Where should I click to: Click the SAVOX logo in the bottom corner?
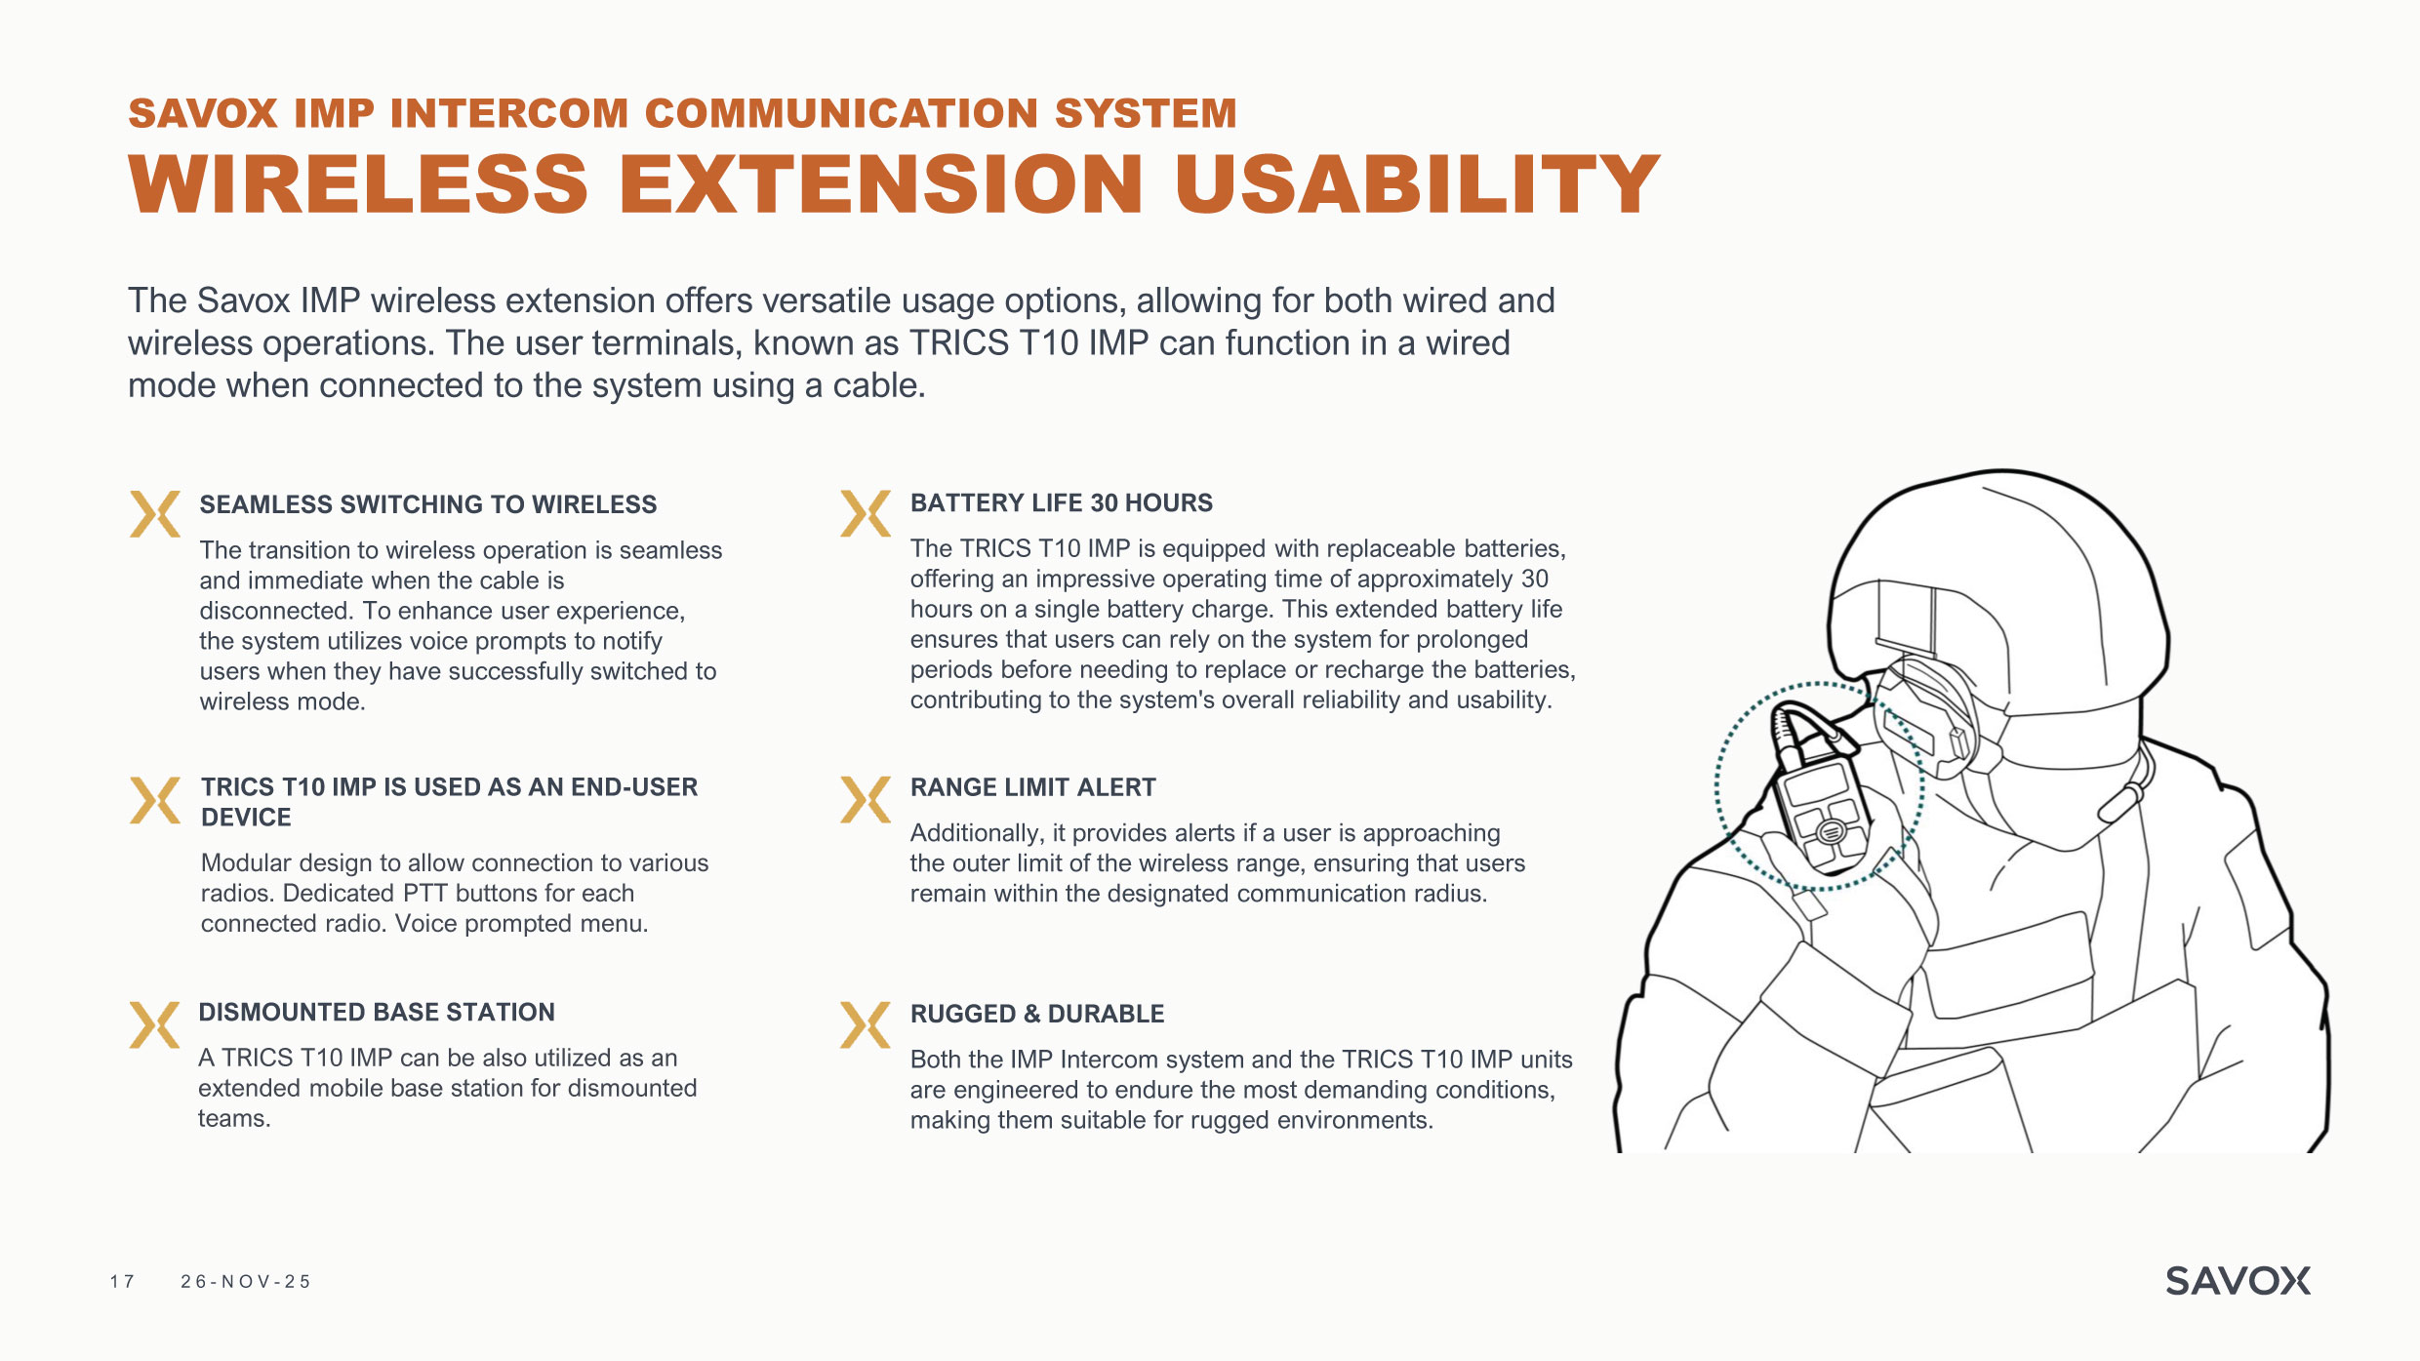point(2238,1281)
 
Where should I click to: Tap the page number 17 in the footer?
point(122,1281)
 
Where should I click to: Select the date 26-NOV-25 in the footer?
point(245,1281)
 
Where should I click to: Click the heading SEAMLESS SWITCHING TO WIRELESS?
point(428,504)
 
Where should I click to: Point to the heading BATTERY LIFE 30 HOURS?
point(1062,502)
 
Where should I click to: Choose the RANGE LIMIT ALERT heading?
point(1033,787)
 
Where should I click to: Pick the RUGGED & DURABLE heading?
point(1037,1014)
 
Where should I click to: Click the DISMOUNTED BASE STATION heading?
point(377,1012)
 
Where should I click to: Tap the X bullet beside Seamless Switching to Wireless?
point(154,513)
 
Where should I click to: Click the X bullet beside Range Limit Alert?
point(865,800)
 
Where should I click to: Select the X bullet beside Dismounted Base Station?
point(154,1024)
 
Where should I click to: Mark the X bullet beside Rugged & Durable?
point(865,1024)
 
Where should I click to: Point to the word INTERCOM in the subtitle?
point(509,113)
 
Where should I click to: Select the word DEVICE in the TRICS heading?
point(246,818)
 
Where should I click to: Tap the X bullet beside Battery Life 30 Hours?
point(865,513)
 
